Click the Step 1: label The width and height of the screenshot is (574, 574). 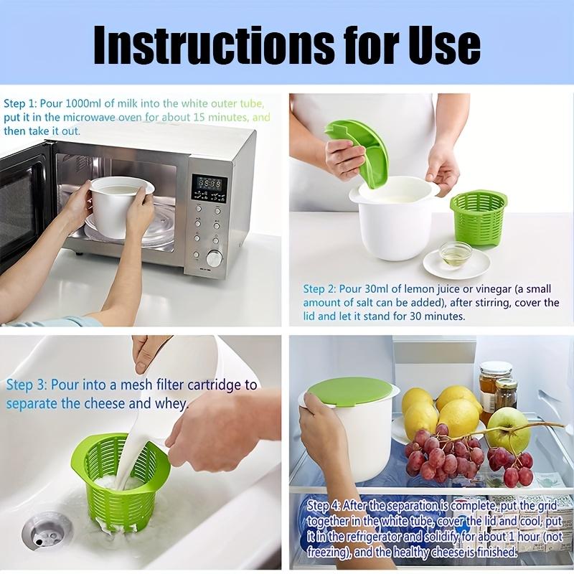click(x=19, y=103)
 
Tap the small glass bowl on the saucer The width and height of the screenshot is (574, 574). click(x=456, y=253)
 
